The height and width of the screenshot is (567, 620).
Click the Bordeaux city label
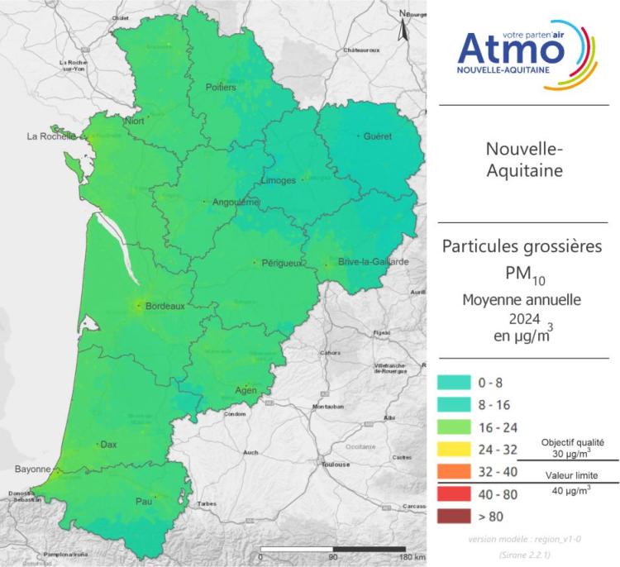pos(165,306)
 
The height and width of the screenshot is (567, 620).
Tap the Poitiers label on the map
pos(221,88)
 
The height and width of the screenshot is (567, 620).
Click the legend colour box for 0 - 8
pos(455,383)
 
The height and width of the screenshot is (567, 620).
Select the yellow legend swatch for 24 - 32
pos(455,450)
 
